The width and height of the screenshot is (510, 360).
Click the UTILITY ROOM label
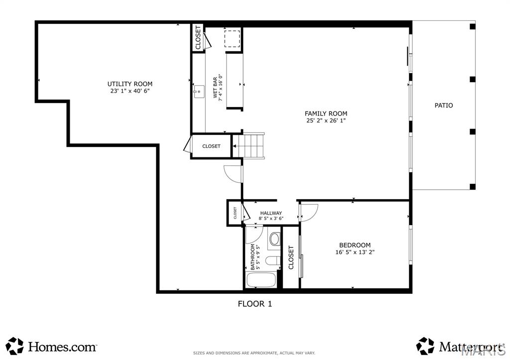(130, 84)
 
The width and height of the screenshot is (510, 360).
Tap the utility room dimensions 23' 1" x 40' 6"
(130, 91)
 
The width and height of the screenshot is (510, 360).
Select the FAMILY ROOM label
(326, 114)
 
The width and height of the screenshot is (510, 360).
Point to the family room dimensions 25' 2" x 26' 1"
(326, 120)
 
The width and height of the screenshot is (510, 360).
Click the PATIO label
(443, 106)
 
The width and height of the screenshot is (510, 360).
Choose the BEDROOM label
(355, 245)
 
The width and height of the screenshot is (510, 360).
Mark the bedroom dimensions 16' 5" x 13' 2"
(355, 252)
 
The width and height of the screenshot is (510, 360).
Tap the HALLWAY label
(271, 213)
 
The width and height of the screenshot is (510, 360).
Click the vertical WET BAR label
(215, 88)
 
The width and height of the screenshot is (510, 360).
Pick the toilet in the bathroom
(273, 260)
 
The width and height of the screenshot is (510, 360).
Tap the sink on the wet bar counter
(199, 91)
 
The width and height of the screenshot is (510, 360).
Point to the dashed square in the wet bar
(232, 39)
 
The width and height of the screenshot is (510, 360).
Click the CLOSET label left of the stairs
(211, 146)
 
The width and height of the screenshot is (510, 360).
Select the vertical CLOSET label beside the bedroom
(291, 257)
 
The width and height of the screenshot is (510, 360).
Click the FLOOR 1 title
(255, 303)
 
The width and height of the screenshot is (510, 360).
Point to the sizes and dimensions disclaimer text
(254, 353)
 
